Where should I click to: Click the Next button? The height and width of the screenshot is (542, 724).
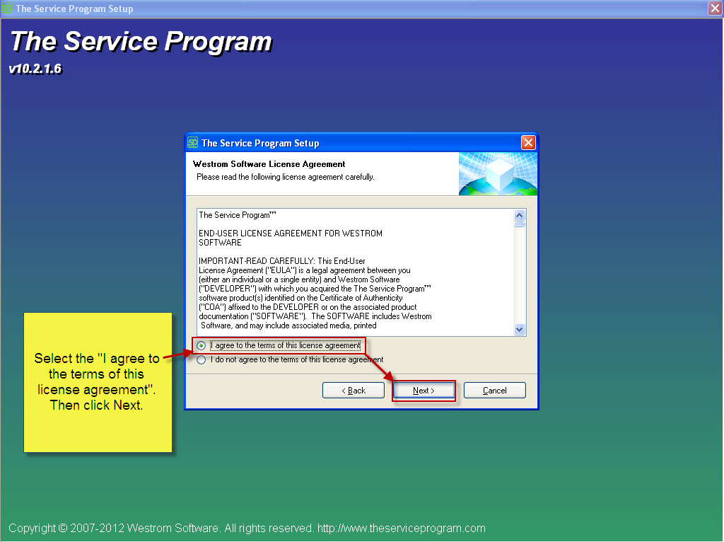tap(424, 391)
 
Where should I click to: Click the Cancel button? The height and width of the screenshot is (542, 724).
tap(494, 391)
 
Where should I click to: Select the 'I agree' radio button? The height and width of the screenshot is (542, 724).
tap(202, 345)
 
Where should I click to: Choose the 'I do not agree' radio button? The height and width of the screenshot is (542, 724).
tap(202, 360)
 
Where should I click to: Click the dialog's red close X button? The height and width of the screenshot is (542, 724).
tap(528, 143)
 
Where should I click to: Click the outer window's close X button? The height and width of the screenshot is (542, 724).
tap(716, 8)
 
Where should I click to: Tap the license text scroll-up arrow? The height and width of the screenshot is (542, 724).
tap(520, 215)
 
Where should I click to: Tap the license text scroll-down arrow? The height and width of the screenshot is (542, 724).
tap(520, 330)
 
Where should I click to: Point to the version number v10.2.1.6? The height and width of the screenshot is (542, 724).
tap(35, 69)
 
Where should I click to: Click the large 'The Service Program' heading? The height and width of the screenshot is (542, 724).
tap(141, 42)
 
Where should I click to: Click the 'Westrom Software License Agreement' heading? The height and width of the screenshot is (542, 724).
tap(269, 164)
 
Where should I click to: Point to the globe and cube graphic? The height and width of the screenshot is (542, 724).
tap(498, 174)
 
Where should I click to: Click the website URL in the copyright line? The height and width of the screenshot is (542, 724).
tap(402, 528)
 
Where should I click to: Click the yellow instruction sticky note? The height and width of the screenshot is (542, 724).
tap(98, 383)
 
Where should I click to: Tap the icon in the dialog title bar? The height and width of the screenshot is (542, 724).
tap(192, 143)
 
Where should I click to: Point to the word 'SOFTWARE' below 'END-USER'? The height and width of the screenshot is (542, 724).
tap(220, 243)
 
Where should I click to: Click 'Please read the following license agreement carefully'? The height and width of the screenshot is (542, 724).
tap(286, 177)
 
